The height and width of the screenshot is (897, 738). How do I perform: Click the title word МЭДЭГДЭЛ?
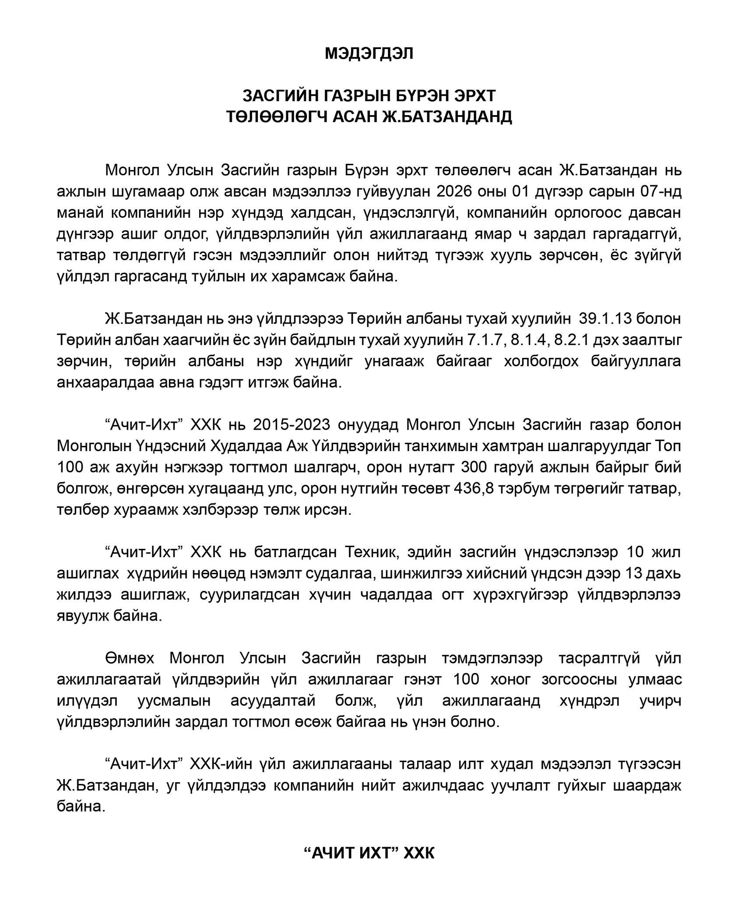369,53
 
